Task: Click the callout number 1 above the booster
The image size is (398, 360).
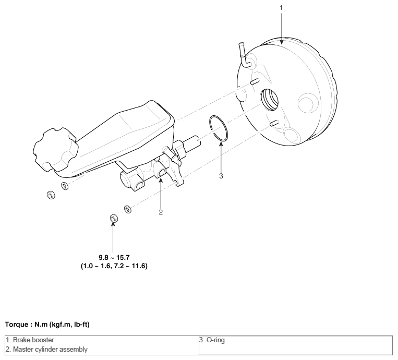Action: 281,8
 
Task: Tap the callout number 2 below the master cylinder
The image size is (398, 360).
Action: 161,212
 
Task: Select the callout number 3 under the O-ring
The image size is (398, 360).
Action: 221,176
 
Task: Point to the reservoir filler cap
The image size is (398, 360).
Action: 55,150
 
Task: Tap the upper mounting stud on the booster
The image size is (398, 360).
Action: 255,81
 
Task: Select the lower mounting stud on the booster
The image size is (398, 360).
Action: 274,123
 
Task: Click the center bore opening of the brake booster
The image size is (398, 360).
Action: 269,100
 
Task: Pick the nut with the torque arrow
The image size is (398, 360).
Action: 114,218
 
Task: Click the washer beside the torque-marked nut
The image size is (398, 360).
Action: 128,209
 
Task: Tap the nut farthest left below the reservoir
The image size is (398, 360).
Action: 51,195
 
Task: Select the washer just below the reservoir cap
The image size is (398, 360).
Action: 65,186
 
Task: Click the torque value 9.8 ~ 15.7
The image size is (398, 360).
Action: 114,257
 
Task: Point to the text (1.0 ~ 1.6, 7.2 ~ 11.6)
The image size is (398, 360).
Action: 114,266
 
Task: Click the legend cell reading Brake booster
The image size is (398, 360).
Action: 30,340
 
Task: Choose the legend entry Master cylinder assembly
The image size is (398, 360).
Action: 47,350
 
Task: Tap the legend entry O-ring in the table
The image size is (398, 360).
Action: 212,340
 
